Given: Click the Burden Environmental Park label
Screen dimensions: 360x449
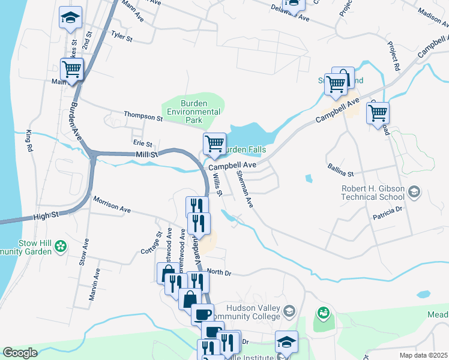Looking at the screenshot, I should pos(193,112).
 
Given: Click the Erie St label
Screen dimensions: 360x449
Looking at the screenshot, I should pos(142,144).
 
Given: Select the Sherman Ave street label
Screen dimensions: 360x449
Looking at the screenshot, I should pos(245,189).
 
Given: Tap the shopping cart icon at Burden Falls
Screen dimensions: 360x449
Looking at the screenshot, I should pos(214,144).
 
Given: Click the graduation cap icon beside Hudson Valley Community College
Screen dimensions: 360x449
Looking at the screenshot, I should pos(289,311).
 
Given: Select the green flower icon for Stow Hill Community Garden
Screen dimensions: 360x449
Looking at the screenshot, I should pos(61,245).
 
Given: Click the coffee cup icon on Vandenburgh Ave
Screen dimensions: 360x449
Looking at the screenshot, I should pos(202,313).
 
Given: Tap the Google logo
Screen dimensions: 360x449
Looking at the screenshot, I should pos(20,353).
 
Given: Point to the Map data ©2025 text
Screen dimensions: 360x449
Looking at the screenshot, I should pos(423,355).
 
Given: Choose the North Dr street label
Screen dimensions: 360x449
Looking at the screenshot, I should pos(219,272).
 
